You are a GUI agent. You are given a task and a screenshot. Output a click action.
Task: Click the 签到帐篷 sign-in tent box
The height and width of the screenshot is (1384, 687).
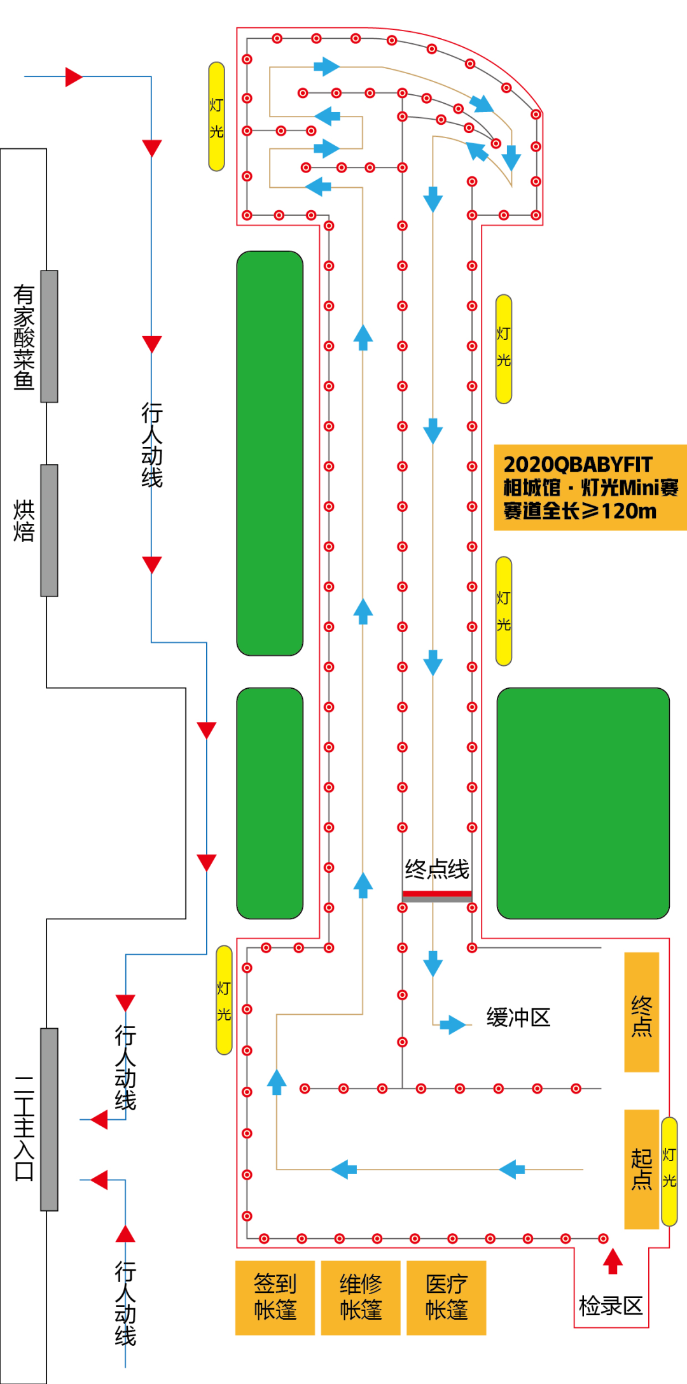point(275,1297)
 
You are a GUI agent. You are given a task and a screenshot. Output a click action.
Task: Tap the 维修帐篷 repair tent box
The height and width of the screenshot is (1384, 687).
point(361,1297)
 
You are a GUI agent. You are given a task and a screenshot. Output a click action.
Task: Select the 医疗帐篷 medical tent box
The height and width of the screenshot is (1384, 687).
point(446,1297)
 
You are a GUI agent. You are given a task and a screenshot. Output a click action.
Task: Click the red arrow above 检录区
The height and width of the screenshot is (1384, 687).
point(613,1260)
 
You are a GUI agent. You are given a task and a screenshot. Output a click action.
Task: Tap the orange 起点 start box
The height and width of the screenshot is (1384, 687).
point(641,1169)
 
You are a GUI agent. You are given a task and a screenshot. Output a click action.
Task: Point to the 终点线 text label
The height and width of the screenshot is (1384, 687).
point(437,869)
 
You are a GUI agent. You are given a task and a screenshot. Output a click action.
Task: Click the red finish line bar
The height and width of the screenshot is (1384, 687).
point(437,894)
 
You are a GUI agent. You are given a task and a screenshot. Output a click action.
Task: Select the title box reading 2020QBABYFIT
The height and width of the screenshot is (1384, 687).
point(590,488)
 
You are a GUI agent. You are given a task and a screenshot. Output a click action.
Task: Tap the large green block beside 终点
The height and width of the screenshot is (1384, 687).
point(583,803)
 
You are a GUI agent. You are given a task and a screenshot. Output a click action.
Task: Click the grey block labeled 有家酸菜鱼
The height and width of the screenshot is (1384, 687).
point(49,336)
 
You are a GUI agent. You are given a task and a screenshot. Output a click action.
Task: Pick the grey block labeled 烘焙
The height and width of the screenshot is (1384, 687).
point(49,530)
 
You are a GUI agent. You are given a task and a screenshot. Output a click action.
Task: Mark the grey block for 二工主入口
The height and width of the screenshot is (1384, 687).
point(49,1119)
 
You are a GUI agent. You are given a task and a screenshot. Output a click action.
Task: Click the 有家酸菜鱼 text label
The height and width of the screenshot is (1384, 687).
point(24,337)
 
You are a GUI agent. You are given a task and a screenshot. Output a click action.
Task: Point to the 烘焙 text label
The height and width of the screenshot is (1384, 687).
point(24,521)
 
